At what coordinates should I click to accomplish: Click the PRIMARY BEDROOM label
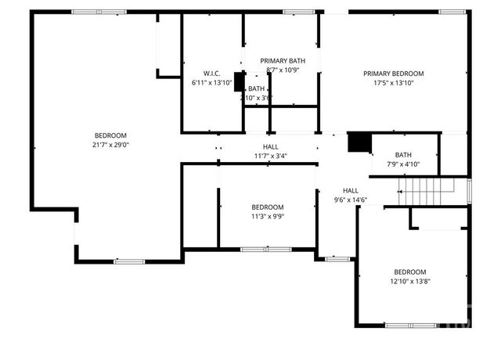click(392, 74)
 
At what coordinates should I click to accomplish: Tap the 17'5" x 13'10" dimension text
click(392, 83)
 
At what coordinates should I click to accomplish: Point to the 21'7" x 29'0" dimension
click(110, 145)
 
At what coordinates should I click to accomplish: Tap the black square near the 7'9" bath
click(359, 142)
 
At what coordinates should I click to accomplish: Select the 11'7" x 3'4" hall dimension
click(269, 156)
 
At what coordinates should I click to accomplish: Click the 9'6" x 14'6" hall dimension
click(350, 200)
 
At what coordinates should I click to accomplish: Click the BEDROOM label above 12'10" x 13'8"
click(409, 272)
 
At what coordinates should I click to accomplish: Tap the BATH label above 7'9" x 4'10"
click(403, 155)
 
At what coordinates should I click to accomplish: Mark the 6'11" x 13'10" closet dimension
click(211, 82)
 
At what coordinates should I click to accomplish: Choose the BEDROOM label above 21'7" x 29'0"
click(110, 135)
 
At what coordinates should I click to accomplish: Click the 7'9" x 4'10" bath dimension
click(403, 164)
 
